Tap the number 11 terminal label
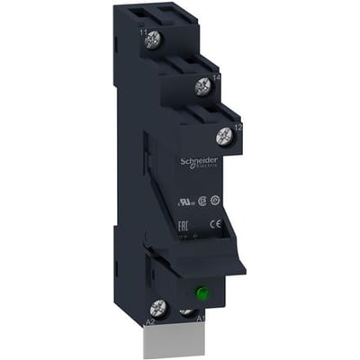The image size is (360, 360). tap(143, 32)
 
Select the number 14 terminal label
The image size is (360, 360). tap(216, 79)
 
